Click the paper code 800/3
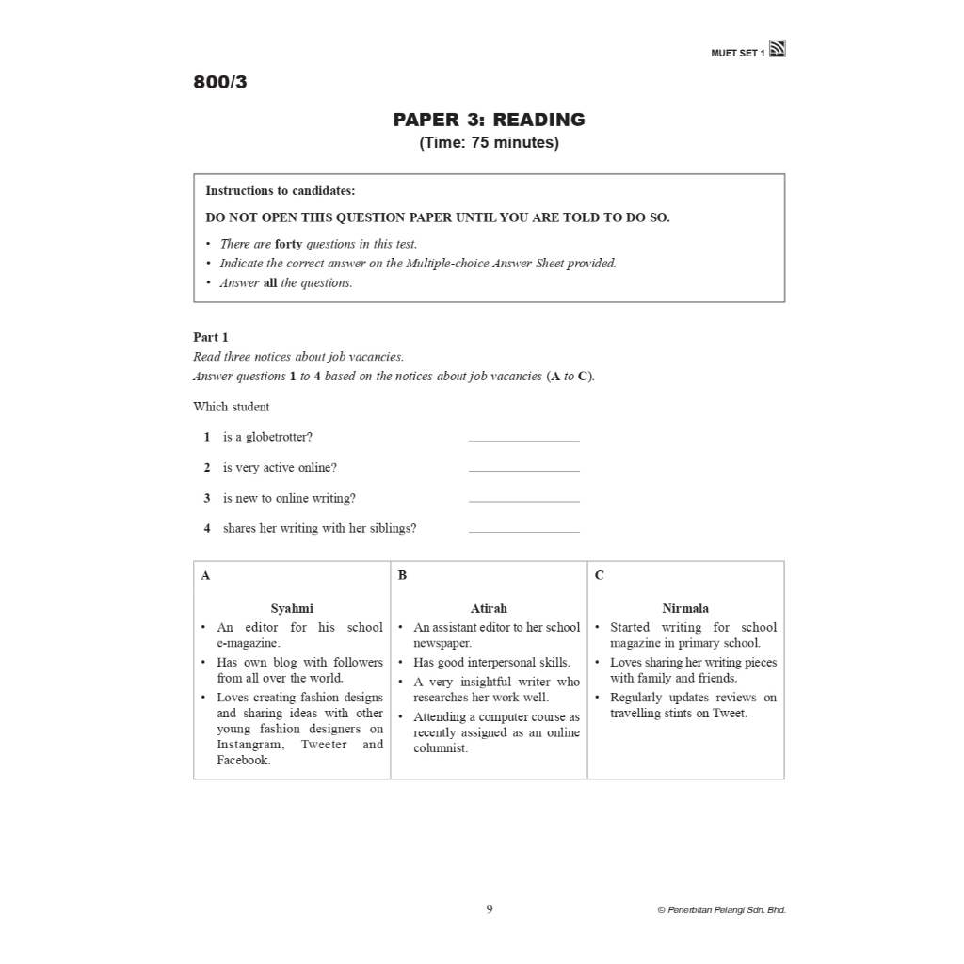tap(220, 82)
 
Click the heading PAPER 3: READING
tap(489, 120)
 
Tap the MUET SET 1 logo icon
tap(778, 50)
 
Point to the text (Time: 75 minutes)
tap(489, 143)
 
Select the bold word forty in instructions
tap(288, 244)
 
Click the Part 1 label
tap(211, 337)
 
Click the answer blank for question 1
tap(523, 439)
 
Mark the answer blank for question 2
tap(523, 469)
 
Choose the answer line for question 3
tap(523, 500)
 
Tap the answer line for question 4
tap(523, 530)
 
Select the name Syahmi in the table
tap(292, 608)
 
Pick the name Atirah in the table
tap(489, 608)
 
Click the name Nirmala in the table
tap(685, 608)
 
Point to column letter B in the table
tap(402, 575)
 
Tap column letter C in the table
tap(600, 575)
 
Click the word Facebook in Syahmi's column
tap(242, 761)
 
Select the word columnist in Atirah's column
tap(440, 748)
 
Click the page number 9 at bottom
tap(490, 908)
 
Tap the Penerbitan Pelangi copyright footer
tap(721, 910)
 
